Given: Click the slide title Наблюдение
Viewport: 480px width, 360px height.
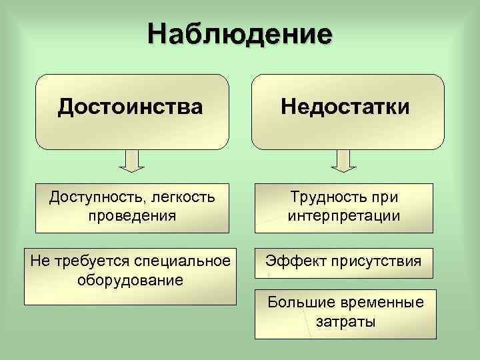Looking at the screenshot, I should (x=239, y=33).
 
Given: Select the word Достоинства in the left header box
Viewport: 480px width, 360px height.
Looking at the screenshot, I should (x=131, y=106).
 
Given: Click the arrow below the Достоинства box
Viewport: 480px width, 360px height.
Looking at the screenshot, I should (x=131, y=161).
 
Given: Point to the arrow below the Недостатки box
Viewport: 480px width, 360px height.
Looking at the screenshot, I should (x=344, y=161).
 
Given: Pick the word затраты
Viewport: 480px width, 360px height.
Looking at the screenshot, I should (x=345, y=321).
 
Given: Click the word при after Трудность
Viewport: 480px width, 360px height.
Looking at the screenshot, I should (x=385, y=198).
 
